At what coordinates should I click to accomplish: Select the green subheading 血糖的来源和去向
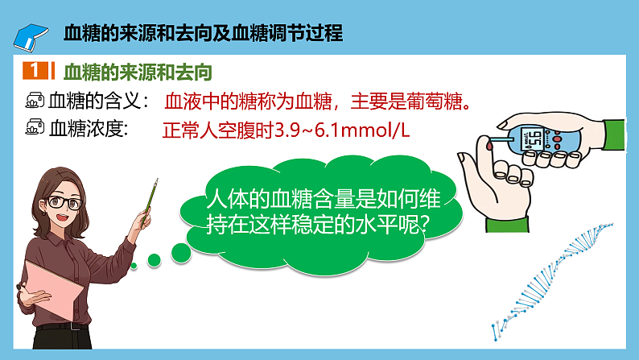tap(137, 72)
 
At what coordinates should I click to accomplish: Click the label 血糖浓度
tap(89, 127)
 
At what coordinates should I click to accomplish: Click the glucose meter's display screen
tap(534, 139)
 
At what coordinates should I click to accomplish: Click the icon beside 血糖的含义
tap(35, 101)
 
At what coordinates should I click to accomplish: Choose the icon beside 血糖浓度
tap(35, 127)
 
